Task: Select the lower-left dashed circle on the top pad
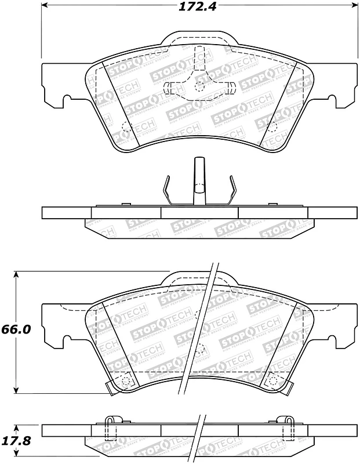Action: coord(126,127)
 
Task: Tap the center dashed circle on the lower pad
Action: coord(199,350)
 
